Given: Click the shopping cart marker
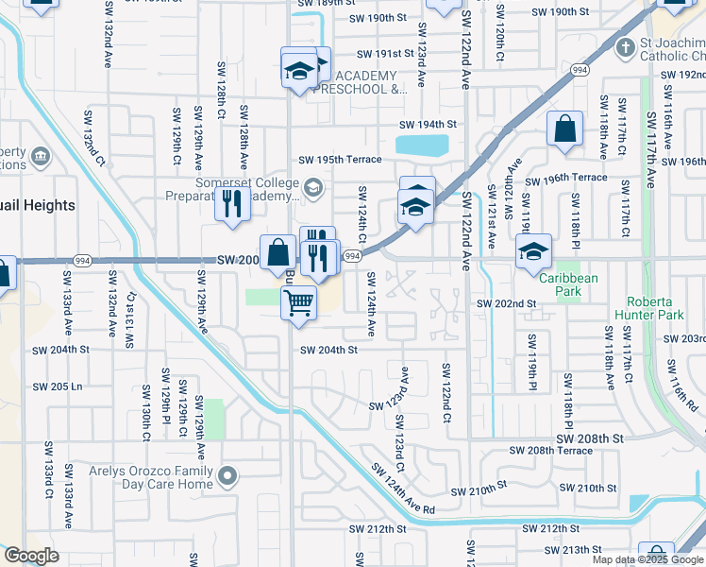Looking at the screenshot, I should pos(298,303).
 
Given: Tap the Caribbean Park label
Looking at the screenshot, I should pos(568,284).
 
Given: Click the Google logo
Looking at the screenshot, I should pos(31,556).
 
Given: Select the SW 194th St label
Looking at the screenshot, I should pos(428,124).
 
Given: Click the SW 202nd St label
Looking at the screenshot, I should pos(506,303).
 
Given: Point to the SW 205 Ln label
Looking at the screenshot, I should pos(58,387).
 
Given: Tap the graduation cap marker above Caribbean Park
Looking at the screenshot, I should pos(532,251).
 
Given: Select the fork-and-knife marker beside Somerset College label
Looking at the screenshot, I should pos(232,203).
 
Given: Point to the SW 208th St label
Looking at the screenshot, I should pos(590,438).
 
